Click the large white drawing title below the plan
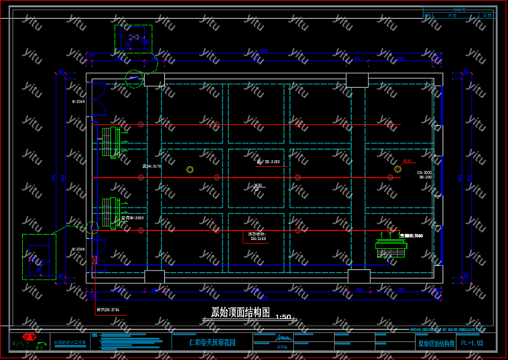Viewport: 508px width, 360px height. coord(240,312)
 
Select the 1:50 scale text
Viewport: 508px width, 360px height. coord(282,317)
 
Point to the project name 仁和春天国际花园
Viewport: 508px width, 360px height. coord(212,343)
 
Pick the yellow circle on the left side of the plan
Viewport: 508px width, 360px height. coord(190,170)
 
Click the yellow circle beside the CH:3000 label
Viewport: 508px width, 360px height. coord(398,169)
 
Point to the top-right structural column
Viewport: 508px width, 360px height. coord(357,80)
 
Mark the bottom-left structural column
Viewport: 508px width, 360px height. coord(154,277)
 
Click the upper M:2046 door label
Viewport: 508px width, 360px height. coord(79,102)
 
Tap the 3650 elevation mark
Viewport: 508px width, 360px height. coord(258,185)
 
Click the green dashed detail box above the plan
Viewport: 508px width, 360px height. coord(133,40)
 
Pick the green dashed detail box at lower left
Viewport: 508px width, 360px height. coord(39,257)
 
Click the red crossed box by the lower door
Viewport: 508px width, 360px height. coord(95,260)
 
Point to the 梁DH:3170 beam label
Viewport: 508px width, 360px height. coord(152,166)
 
